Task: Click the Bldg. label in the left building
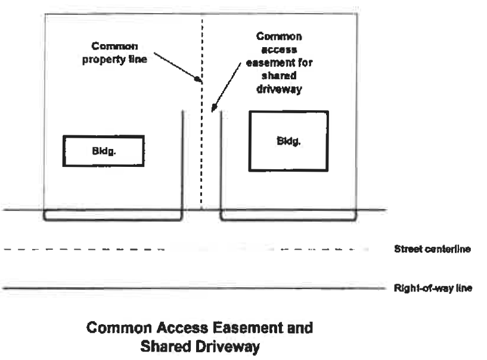(104, 151)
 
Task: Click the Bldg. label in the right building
(289, 141)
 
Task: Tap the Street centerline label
(432, 249)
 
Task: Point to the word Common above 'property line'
(114, 46)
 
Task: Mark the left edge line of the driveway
(182, 161)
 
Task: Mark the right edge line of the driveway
(222, 161)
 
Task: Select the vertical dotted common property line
(202, 149)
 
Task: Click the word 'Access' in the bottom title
(157, 328)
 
